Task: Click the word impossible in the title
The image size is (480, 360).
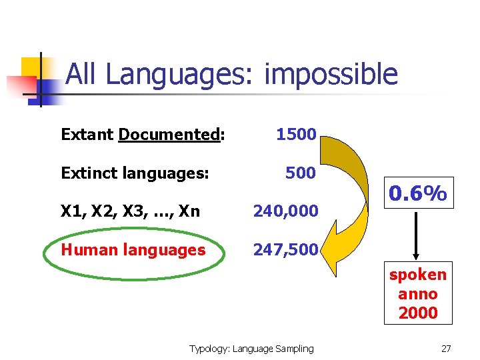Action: (x=331, y=75)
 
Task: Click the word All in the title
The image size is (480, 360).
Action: (x=83, y=75)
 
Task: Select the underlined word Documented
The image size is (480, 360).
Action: (x=169, y=135)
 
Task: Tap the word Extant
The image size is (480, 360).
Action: (x=87, y=135)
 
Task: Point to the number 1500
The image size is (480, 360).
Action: (x=296, y=135)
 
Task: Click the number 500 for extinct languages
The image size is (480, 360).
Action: (x=300, y=173)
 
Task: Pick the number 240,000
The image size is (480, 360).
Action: (x=286, y=211)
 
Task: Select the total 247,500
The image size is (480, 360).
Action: (x=286, y=250)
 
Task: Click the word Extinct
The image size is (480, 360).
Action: (x=88, y=173)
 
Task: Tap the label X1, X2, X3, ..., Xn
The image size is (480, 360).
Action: (x=130, y=211)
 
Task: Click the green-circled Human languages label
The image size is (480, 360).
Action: (x=133, y=250)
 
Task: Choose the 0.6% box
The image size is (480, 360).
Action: (x=418, y=194)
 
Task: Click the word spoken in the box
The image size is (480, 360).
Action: (x=418, y=275)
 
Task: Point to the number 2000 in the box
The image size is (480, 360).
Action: (x=418, y=312)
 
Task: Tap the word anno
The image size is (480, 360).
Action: (x=418, y=293)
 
